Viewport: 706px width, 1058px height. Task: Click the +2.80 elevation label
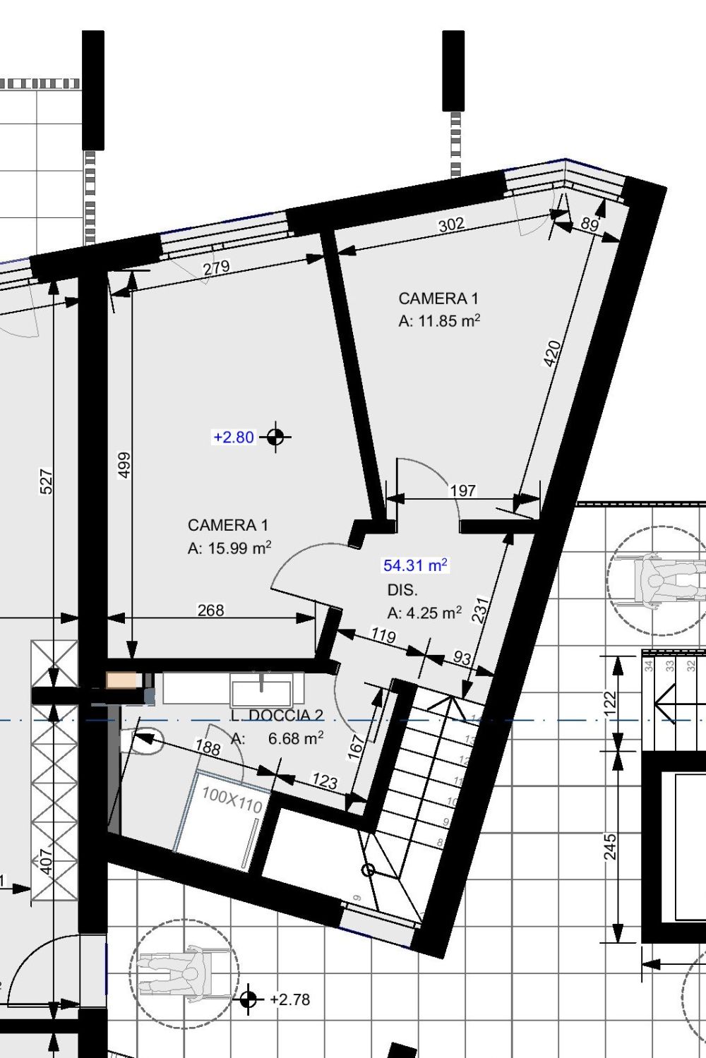click(233, 438)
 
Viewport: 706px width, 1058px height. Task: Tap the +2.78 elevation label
click(289, 999)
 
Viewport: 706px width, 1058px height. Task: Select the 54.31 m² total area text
click(415, 565)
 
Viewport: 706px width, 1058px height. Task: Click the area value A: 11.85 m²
click(439, 321)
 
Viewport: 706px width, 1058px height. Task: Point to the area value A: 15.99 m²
click(229, 548)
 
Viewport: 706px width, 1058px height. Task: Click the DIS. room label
click(402, 590)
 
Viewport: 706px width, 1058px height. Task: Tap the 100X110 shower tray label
click(232, 800)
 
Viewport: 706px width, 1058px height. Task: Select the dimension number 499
click(124, 465)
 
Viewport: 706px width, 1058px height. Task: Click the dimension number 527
click(46, 481)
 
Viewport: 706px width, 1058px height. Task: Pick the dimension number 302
click(451, 224)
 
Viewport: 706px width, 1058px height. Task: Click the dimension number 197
click(462, 491)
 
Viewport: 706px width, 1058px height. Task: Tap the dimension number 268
click(210, 610)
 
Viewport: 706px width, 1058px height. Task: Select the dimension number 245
click(610, 846)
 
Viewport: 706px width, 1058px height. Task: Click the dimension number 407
click(46, 861)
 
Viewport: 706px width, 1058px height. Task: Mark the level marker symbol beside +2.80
click(275, 437)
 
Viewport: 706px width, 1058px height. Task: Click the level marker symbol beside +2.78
click(247, 999)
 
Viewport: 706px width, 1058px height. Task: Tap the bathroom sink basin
click(261, 690)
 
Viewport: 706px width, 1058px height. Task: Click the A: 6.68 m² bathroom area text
click(277, 738)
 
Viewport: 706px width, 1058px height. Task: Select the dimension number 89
click(590, 224)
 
